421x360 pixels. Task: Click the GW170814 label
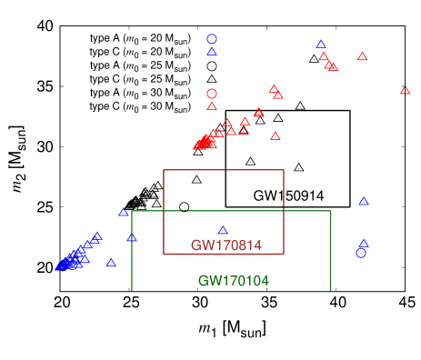[x=226, y=245]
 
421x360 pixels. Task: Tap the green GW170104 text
[x=233, y=281]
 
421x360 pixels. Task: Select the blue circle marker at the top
[x=212, y=39]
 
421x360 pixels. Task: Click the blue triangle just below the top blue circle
[x=212, y=52]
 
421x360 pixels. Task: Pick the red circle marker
[x=212, y=93]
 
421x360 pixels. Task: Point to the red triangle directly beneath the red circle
[x=212, y=106]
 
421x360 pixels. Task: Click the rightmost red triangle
[x=405, y=90]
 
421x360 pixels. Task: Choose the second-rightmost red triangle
[x=363, y=56]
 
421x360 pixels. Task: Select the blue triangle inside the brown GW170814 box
[x=223, y=230]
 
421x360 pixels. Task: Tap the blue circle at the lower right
[x=361, y=253]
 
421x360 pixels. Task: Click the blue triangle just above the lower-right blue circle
[x=364, y=243]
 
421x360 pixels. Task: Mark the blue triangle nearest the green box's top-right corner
[x=364, y=201]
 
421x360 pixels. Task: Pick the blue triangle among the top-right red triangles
[x=321, y=44]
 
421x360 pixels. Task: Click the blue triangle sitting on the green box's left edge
[x=132, y=237]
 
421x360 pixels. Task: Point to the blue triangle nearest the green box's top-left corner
[x=123, y=212]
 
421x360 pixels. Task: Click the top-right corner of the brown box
[x=284, y=170]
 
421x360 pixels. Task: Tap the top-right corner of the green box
[x=331, y=211]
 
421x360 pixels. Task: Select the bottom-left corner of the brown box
[x=164, y=254]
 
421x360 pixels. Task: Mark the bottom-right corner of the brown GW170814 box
[x=284, y=254]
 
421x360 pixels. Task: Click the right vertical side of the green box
[x=331, y=264]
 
